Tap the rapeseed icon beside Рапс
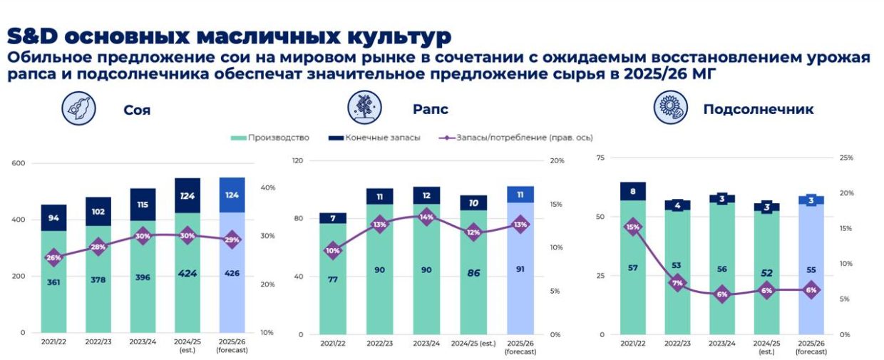point(364,108)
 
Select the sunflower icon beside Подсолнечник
point(670,109)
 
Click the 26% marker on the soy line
point(53,257)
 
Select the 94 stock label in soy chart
point(53,218)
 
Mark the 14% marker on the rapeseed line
point(426,217)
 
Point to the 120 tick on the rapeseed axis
point(297,161)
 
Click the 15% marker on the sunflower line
point(633,227)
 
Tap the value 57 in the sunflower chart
point(633,267)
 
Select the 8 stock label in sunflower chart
point(633,190)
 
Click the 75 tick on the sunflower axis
point(600,158)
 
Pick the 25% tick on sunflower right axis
point(846,158)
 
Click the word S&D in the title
point(36,36)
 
